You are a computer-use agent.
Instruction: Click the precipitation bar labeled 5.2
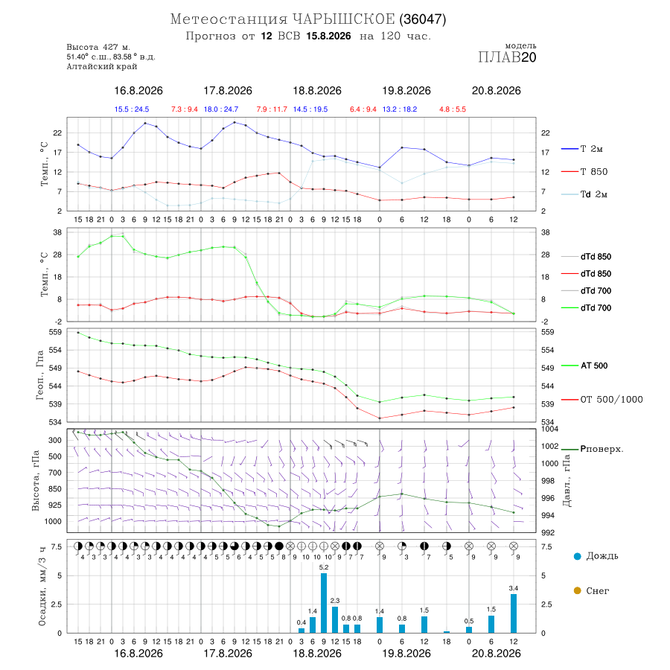click(x=324, y=603)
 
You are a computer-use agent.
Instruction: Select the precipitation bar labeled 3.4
click(x=513, y=613)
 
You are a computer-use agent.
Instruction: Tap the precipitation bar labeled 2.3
click(x=334, y=619)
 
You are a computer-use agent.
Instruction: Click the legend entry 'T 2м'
click(x=582, y=149)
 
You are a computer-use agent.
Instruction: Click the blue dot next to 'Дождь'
click(x=577, y=556)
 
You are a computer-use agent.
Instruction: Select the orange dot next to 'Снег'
click(x=577, y=590)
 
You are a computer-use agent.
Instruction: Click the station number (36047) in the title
click(x=423, y=19)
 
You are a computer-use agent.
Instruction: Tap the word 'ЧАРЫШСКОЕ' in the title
click(x=343, y=19)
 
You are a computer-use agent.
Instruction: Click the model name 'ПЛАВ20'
click(x=507, y=57)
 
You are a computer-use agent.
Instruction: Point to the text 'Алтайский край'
click(x=102, y=66)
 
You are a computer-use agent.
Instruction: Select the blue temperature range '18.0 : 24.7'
click(x=221, y=109)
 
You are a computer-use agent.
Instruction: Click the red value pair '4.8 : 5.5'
click(x=453, y=109)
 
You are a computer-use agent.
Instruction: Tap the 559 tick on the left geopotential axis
click(x=56, y=332)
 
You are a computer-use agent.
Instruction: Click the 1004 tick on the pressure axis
click(x=549, y=429)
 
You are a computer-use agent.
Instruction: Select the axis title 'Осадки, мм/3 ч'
click(x=42, y=587)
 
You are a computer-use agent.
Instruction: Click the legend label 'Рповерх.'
click(x=602, y=449)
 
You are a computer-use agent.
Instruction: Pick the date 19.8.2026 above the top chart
click(x=406, y=91)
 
